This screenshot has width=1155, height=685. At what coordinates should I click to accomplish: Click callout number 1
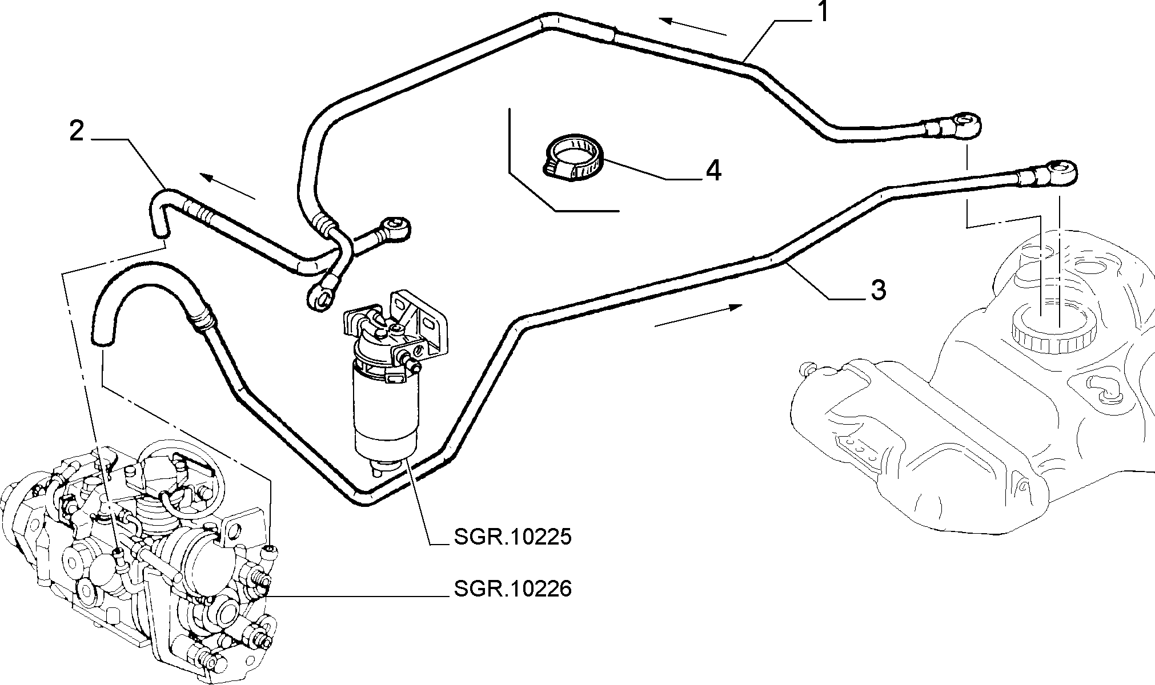tap(822, 12)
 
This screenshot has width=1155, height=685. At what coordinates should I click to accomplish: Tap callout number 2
tap(77, 131)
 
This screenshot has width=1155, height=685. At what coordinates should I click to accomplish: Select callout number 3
tap(878, 290)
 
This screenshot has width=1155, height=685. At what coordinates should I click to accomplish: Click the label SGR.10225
tap(513, 537)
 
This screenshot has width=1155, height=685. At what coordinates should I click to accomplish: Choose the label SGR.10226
tap(513, 588)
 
